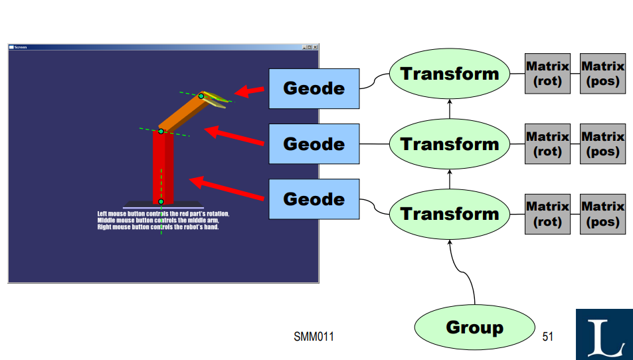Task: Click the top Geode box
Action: pyautogui.click(x=314, y=88)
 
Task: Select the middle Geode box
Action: pyautogui.click(x=314, y=143)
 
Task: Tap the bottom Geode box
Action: pyautogui.click(x=314, y=199)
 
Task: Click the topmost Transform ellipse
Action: pyautogui.click(x=449, y=74)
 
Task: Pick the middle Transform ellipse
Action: pyautogui.click(x=449, y=144)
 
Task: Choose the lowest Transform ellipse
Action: pyautogui.click(x=449, y=214)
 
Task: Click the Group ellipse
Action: pyautogui.click(x=474, y=327)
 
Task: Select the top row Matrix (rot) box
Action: pyautogui.click(x=547, y=74)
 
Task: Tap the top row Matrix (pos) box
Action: pyautogui.click(x=602, y=74)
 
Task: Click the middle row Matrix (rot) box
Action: pyautogui.click(x=547, y=144)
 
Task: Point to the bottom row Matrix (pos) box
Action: pyautogui.click(x=602, y=214)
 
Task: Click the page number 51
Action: pyautogui.click(x=548, y=337)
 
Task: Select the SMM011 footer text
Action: pyautogui.click(x=314, y=337)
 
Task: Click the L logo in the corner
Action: pyautogui.click(x=604, y=334)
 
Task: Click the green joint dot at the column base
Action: pyautogui.click(x=161, y=201)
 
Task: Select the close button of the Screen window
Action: pyautogui.click(x=316, y=47)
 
